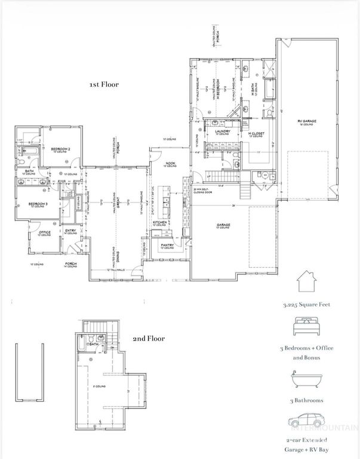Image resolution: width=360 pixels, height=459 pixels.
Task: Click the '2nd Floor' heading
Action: [149, 338]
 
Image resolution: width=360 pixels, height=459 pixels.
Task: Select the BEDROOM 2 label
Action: [61, 148]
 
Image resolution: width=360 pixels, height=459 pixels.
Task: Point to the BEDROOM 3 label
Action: [39, 204]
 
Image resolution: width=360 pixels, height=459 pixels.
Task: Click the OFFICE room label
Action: [44, 232]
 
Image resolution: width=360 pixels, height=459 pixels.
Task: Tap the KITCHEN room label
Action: [159, 222]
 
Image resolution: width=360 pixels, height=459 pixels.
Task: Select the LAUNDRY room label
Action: [223, 131]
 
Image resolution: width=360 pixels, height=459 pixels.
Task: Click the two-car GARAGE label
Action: [223, 225]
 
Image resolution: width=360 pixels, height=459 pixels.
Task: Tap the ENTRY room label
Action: [70, 231]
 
